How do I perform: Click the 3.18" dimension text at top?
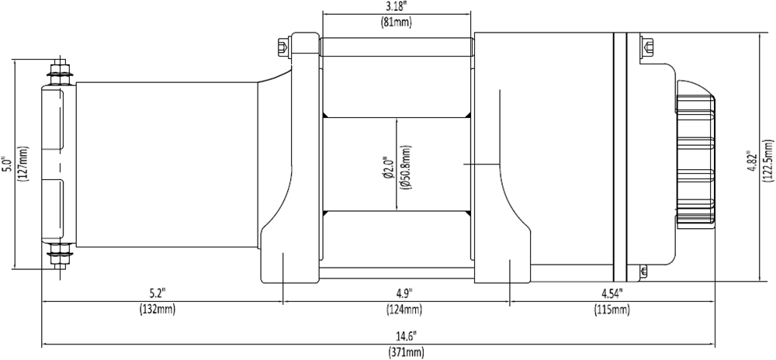(396, 8)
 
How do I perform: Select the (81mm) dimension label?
(396, 22)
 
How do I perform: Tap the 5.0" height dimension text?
(7, 164)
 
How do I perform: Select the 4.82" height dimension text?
(750, 164)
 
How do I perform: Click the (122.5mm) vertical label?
(767, 164)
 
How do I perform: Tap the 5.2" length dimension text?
(158, 293)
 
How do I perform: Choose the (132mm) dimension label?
(158, 310)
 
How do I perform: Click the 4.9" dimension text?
(403, 293)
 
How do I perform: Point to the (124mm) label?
(403, 310)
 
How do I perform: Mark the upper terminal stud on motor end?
(58, 74)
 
